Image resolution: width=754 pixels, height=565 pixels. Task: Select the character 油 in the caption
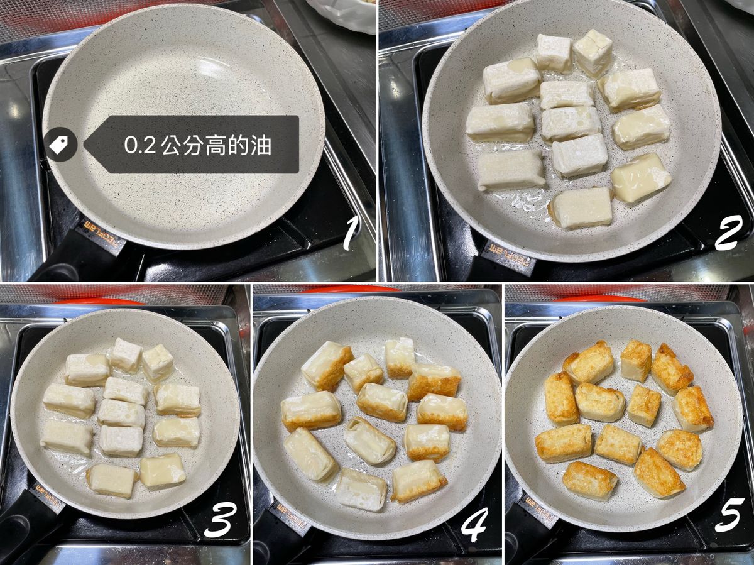260,145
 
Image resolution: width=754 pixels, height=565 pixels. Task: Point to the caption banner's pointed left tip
84,145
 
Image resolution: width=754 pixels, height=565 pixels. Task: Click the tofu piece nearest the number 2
581,207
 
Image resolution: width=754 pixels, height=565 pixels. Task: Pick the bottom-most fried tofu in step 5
589,481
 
